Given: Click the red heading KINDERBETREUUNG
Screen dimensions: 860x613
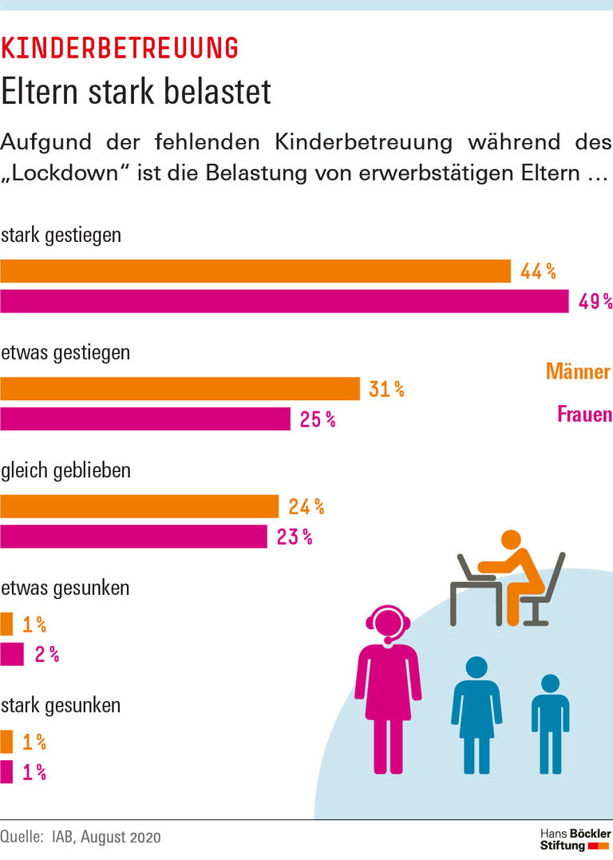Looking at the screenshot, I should coord(120,49).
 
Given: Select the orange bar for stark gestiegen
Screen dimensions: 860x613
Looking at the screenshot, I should coord(255,271).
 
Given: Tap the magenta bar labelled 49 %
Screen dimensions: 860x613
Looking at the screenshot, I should coord(284,301).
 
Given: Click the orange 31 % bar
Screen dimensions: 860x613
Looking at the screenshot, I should coord(180,389).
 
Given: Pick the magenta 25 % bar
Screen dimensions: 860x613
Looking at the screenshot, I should coord(145,418).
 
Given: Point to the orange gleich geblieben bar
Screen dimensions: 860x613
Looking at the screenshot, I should coord(140,506).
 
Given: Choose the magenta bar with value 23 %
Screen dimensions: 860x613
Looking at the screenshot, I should coord(133,537).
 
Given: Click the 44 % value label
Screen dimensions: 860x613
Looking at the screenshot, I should coord(538,271).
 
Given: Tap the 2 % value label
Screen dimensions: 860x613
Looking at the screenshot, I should coord(47,655).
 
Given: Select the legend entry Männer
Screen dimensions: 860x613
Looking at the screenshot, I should coord(578,371).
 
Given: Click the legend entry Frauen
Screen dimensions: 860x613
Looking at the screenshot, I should coord(583,414).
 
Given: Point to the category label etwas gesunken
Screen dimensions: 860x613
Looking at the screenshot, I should coord(65,589).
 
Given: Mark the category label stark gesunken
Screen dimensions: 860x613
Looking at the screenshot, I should coord(61,706).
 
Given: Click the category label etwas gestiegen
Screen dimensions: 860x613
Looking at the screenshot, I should coord(65,353).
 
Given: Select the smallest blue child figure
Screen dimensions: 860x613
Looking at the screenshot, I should coord(550,723).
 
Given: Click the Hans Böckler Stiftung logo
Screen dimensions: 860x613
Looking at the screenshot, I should coord(575,839).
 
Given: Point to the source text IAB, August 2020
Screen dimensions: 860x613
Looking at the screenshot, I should coord(106,838).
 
